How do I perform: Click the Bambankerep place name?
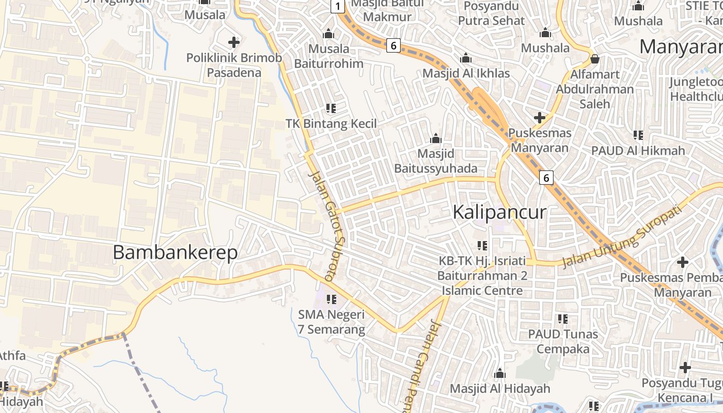[175, 252]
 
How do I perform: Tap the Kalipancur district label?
[499, 212]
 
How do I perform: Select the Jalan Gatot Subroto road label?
[326, 226]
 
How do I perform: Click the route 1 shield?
[337, 6]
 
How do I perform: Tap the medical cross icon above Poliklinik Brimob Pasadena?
[234, 42]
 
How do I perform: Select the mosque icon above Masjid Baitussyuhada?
[436, 138]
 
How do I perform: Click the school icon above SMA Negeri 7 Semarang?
[332, 299]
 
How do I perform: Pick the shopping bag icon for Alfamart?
[595, 59]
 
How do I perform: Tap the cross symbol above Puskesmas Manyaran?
[540, 118]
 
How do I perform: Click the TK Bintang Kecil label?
[331, 124]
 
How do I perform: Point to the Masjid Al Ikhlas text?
[466, 73]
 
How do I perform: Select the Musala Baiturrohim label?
[329, 56]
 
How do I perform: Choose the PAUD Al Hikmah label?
[638, 151]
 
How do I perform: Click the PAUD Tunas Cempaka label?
[562, 341]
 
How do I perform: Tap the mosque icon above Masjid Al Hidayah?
[499, 373]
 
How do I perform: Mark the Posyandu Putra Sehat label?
[491, 13]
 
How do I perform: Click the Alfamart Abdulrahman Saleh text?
[594, 89]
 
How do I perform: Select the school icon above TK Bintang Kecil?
[331, 108]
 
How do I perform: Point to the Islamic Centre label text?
[482, 291]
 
